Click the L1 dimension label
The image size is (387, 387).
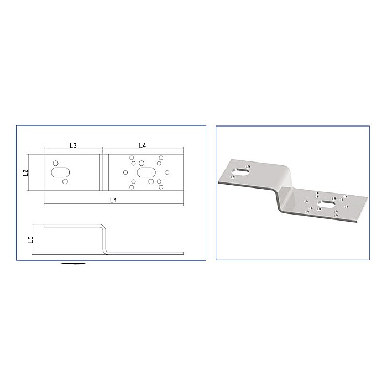coord(113,200)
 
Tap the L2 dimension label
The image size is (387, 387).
coord(25,173)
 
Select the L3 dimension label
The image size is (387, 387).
coord(72,145)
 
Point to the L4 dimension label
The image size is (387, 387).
coord(142,145)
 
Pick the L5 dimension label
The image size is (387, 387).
coord(31,239)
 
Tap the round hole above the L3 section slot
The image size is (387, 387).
coord(55,163)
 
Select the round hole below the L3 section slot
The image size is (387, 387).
coord(65,181)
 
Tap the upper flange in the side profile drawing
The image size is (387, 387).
coord(72,225)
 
